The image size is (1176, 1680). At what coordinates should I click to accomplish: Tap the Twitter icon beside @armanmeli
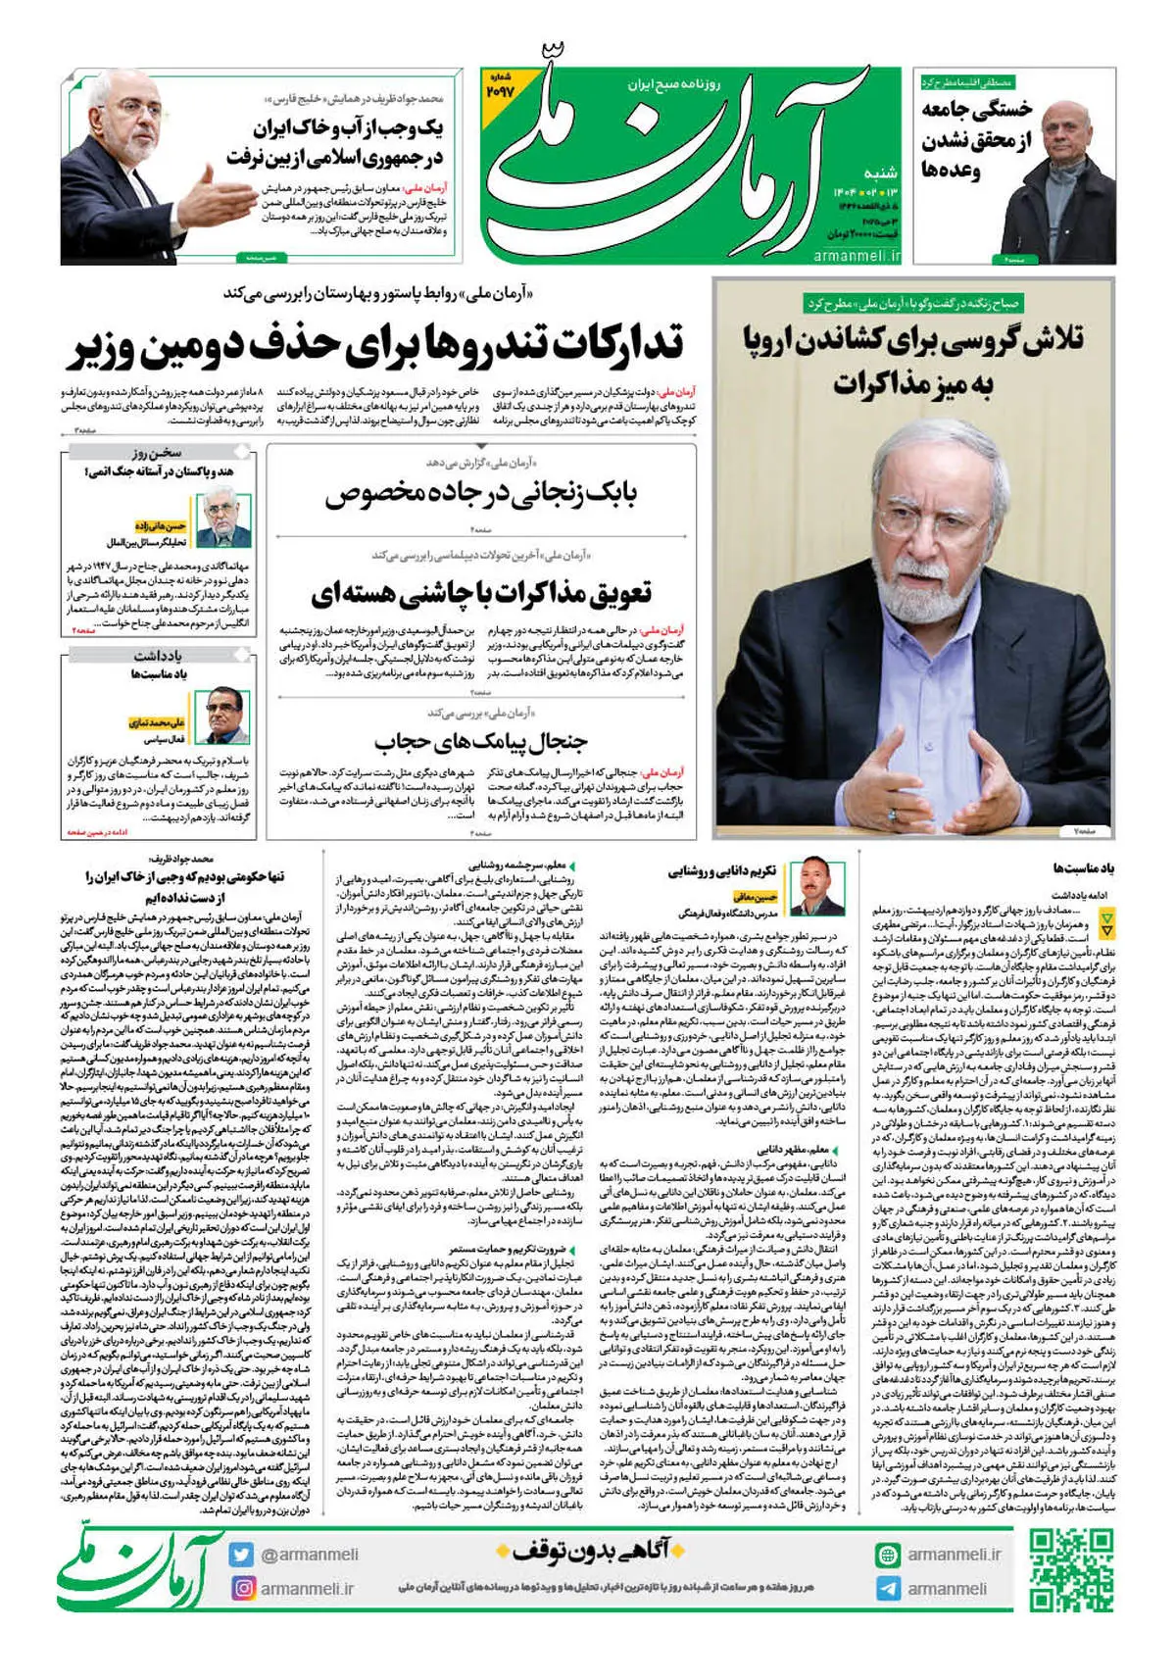[242, 1555]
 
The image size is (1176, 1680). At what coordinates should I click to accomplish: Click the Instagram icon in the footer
[242, 1588]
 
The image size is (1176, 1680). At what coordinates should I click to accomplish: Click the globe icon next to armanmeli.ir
[888, 1555]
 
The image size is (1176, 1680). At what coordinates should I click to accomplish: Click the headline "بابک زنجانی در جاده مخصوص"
[481, 493]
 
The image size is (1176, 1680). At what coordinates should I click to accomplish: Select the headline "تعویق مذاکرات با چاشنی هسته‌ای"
[481, 593]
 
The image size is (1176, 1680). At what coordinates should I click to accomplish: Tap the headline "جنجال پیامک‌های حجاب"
[481, 741]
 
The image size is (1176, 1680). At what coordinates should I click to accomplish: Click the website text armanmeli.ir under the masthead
[857, 255]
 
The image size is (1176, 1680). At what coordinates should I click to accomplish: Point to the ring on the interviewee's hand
[892, 814]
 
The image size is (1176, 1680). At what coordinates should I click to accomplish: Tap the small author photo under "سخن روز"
[225, 519]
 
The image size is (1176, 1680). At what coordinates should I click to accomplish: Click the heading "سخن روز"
[157, 453]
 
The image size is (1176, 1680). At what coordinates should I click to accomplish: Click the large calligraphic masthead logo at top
[686, 157]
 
